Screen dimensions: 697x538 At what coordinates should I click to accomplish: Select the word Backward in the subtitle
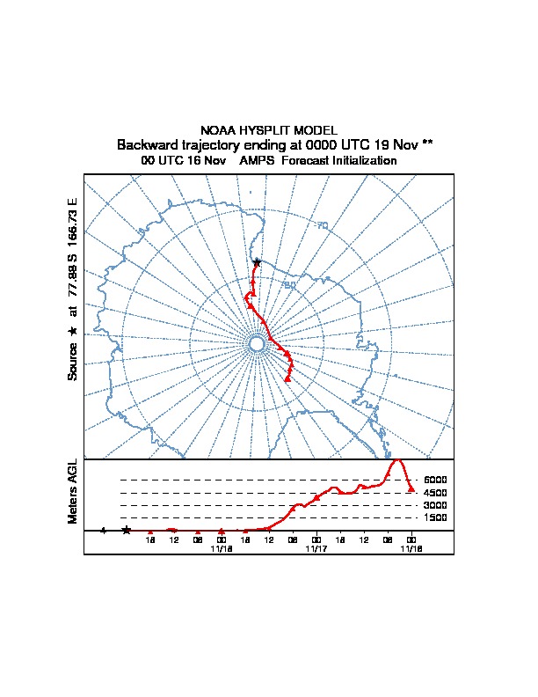click(145, 144)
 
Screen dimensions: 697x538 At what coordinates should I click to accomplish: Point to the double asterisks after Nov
click(426, 143)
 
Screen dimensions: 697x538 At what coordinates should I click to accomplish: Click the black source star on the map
click(257, 262)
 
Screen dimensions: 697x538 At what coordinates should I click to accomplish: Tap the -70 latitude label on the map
click(321, 226)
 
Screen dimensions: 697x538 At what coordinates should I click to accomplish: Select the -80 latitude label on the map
click(288, 284)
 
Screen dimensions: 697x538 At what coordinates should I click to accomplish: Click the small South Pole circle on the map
click(257, 343)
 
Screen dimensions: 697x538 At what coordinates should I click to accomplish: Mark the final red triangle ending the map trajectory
click(288, 379)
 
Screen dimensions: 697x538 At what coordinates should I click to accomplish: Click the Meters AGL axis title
click(73, 491)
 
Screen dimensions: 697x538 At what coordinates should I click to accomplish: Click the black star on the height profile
click(127, 530)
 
